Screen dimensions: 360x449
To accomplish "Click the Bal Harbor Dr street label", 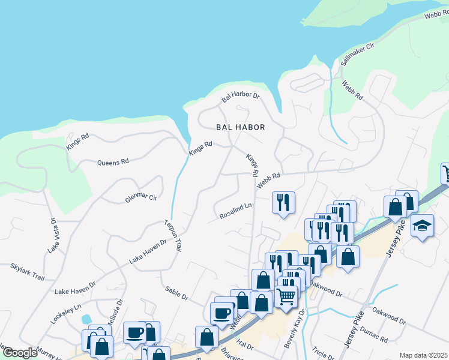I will coord(240,96).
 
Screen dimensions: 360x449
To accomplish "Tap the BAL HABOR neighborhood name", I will coord(241,127).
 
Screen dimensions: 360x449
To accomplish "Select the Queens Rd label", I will coord(113,162).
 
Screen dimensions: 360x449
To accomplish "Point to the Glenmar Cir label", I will coord(140,196).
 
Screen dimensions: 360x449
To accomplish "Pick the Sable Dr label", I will coord(177,293).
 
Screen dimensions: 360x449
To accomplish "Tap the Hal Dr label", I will coord(246,345).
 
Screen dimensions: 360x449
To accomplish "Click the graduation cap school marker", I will coord(423,226).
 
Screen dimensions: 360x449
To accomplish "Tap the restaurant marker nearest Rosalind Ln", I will coord(282,202).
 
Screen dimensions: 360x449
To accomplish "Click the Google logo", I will coord(20,353).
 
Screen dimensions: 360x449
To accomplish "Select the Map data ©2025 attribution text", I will coord(423,355).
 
